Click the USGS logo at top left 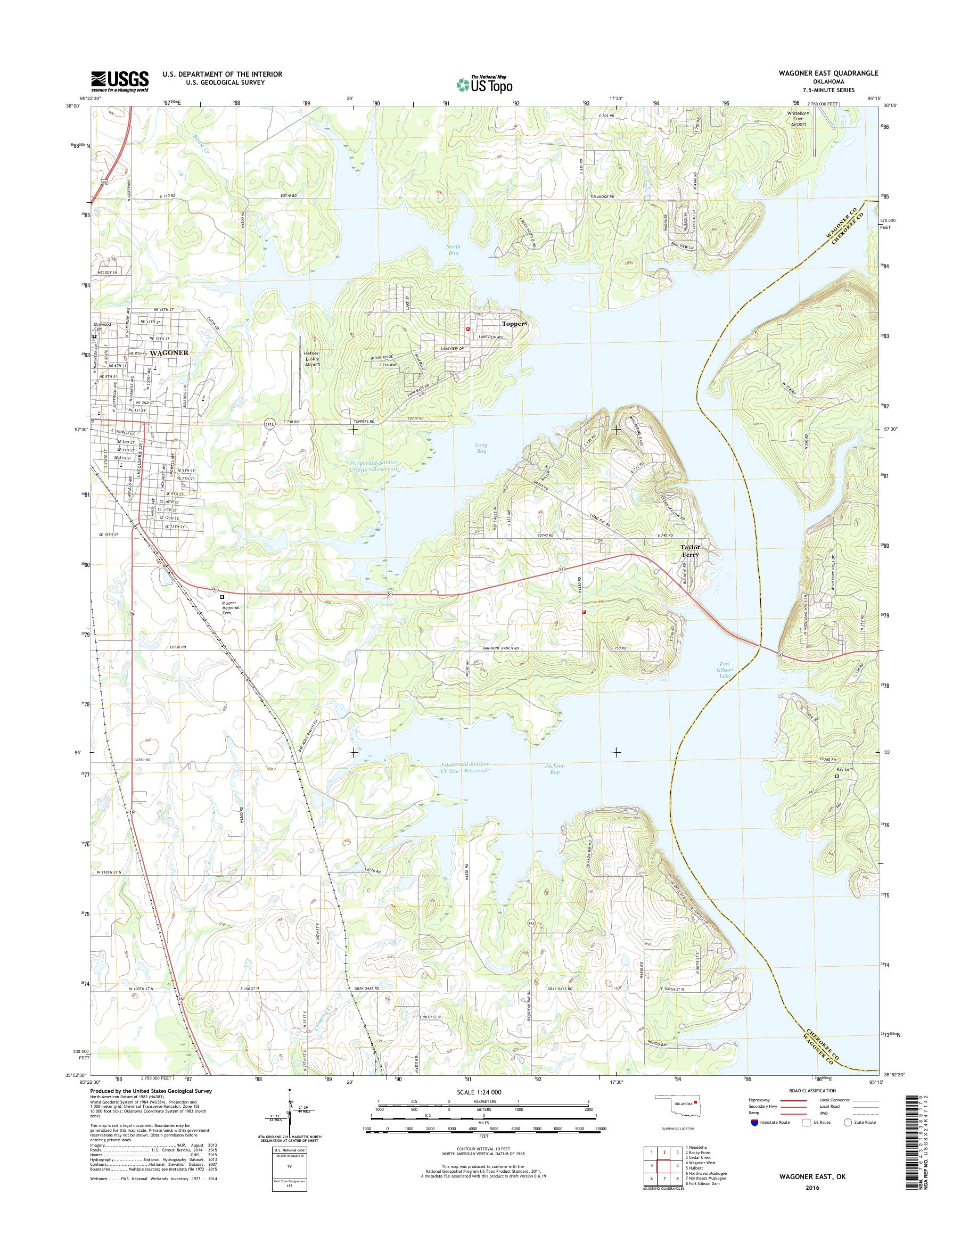pyautogui.click(x=120, y=81)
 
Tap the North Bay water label pyautogui.click(x=453, y=250)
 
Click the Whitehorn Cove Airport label pyautogui.click(x=798, y=118)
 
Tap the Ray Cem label pyautogui.click(x=844, y=769)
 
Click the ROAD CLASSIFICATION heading pyautogui.click(x=812, y=1090)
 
